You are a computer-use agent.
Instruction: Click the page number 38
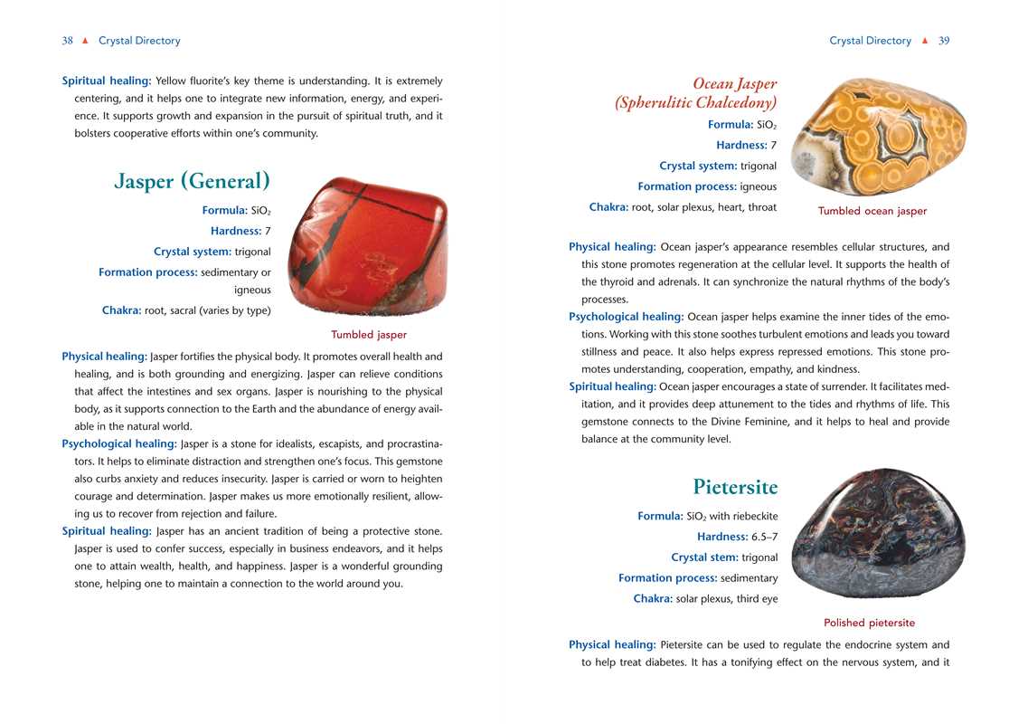[x=67, y=41]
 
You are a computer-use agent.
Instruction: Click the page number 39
[x=944, y=41]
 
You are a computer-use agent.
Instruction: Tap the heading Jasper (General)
[x=193, y=181]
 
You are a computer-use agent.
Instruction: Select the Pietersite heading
[x=735, y=487]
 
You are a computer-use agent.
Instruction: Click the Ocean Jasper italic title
[x=734, y=84]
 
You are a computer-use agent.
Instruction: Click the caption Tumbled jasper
[x=369, y=335]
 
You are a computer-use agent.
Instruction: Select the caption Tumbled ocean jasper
[x=872, y=211]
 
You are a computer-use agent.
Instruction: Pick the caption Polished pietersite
[x=869, y=623]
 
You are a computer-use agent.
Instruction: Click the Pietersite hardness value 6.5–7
[x=764, y=537]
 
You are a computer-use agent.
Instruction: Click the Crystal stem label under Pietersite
[x=704, y=557]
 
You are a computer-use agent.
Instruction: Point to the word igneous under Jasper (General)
[x=252, y=290]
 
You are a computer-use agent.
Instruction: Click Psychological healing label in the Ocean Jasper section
[x=626, y=317]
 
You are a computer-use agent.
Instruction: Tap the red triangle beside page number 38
[x=85, y=41]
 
